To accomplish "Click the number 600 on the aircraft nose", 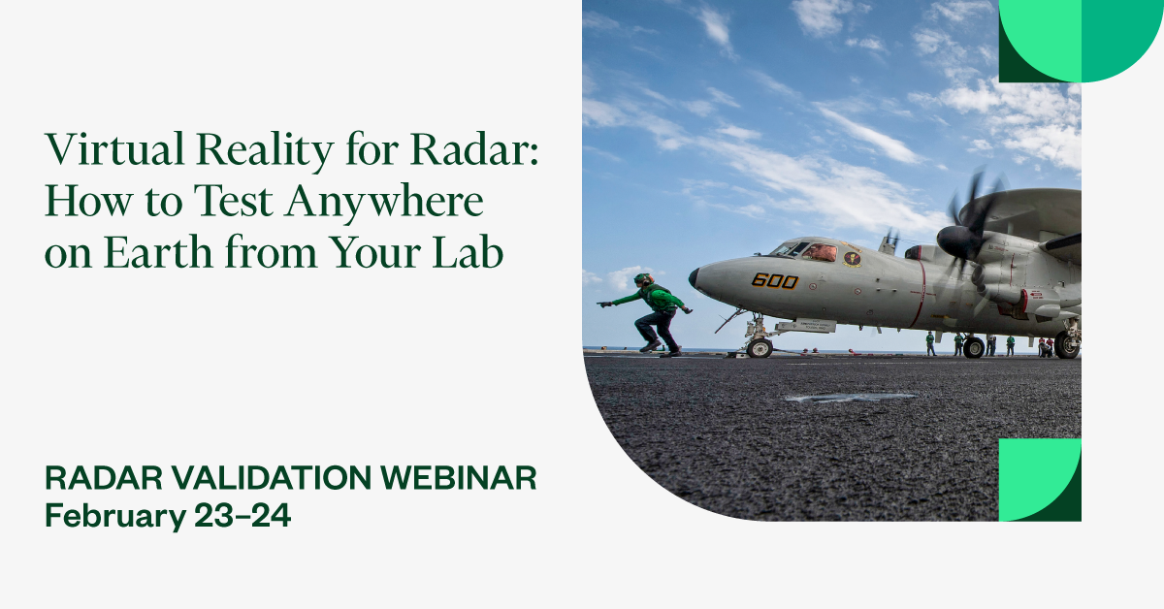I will click(774, 280).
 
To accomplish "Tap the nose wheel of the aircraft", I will click(759, 347).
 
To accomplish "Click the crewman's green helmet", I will click(643, 280).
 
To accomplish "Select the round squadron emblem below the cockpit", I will click(852, 259).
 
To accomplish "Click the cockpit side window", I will click(820, 252).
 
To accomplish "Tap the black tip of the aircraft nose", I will click(694, 278).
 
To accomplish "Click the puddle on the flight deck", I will click(850, 397).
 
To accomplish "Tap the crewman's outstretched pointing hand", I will click(605, 304).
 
